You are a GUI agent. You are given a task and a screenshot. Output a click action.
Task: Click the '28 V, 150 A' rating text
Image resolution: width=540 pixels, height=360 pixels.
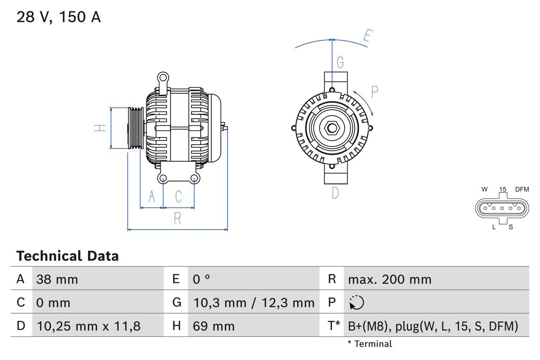[x=59, y=17]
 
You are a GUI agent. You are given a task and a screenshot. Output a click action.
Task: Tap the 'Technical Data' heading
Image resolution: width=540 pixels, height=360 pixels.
[x=67, y=256]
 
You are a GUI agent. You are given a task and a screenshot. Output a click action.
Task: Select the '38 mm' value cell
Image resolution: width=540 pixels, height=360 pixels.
[x=57, y=279]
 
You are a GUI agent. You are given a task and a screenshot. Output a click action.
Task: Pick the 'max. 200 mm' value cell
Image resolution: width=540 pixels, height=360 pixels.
[x=389, y=279]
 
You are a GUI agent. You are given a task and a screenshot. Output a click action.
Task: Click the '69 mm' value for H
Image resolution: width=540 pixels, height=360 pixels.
[x=213, y=326]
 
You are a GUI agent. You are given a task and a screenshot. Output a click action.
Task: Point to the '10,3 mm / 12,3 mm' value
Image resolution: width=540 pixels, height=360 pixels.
[x=254, y=303]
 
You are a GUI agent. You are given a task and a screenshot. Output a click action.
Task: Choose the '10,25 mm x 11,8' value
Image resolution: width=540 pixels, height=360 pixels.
[x=89, y=326]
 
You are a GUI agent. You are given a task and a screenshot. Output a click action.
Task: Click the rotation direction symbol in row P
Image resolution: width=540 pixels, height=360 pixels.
[x=356, y=303]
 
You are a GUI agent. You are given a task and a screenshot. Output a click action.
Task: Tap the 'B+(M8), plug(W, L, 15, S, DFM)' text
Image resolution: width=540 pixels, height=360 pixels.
[x=433, y=326]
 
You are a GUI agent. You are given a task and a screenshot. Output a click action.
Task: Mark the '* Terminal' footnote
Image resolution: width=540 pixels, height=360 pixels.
[x=370, y=344]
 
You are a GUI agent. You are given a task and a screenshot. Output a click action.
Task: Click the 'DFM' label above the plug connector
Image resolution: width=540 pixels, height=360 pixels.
[x=521, y=189]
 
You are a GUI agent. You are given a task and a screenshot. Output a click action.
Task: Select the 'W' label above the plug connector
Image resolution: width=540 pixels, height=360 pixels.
[x=484, y=189]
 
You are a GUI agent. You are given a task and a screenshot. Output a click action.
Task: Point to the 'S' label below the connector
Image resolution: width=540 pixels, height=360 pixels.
[x=510, y=227]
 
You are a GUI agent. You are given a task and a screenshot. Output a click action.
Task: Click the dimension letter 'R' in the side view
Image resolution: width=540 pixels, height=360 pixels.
[x=177, y=219]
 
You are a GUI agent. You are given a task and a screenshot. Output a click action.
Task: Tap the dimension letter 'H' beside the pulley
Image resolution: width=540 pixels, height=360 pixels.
[x=100, y=127]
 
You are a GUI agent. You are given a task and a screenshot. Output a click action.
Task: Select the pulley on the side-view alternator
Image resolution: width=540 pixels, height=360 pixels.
[x=136, y=128]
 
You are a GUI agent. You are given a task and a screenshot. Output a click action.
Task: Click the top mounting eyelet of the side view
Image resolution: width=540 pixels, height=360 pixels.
[x=162, y=78]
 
